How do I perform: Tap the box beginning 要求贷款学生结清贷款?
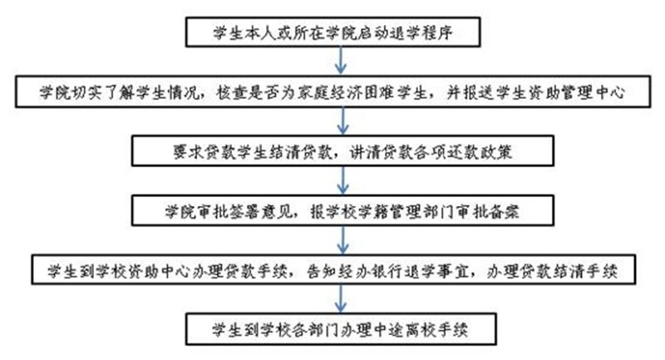341,152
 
